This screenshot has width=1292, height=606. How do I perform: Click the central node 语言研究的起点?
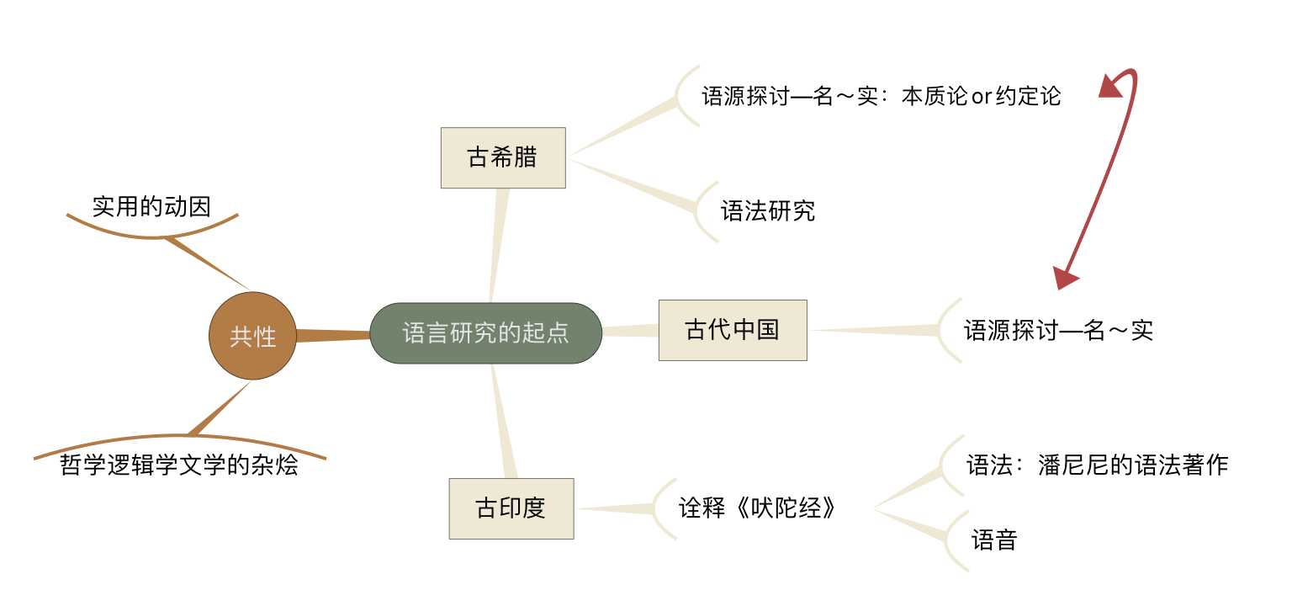pos(486,333)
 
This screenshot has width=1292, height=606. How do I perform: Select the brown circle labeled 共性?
pos(253,336)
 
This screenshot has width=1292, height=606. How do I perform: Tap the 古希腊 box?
pos(503,157)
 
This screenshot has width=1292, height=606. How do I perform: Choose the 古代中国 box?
pos(733,330)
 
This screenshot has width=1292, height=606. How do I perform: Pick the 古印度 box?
pos(511,508)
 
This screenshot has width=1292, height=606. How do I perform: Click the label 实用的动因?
pos(151,206)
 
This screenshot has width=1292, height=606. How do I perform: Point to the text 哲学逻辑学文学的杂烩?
pos(179,465)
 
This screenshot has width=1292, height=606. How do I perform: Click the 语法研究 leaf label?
pos(768,210)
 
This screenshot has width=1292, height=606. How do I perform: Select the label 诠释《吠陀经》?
pos(758,508)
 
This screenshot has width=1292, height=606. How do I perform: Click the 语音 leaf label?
pos(994,540)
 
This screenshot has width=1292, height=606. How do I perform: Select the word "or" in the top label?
pos(982,97)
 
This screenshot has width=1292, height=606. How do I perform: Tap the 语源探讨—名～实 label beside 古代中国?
pos(1058,330)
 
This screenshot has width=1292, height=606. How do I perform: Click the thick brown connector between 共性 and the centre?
pos(333,336)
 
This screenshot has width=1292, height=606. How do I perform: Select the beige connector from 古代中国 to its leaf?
pos(875,331)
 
